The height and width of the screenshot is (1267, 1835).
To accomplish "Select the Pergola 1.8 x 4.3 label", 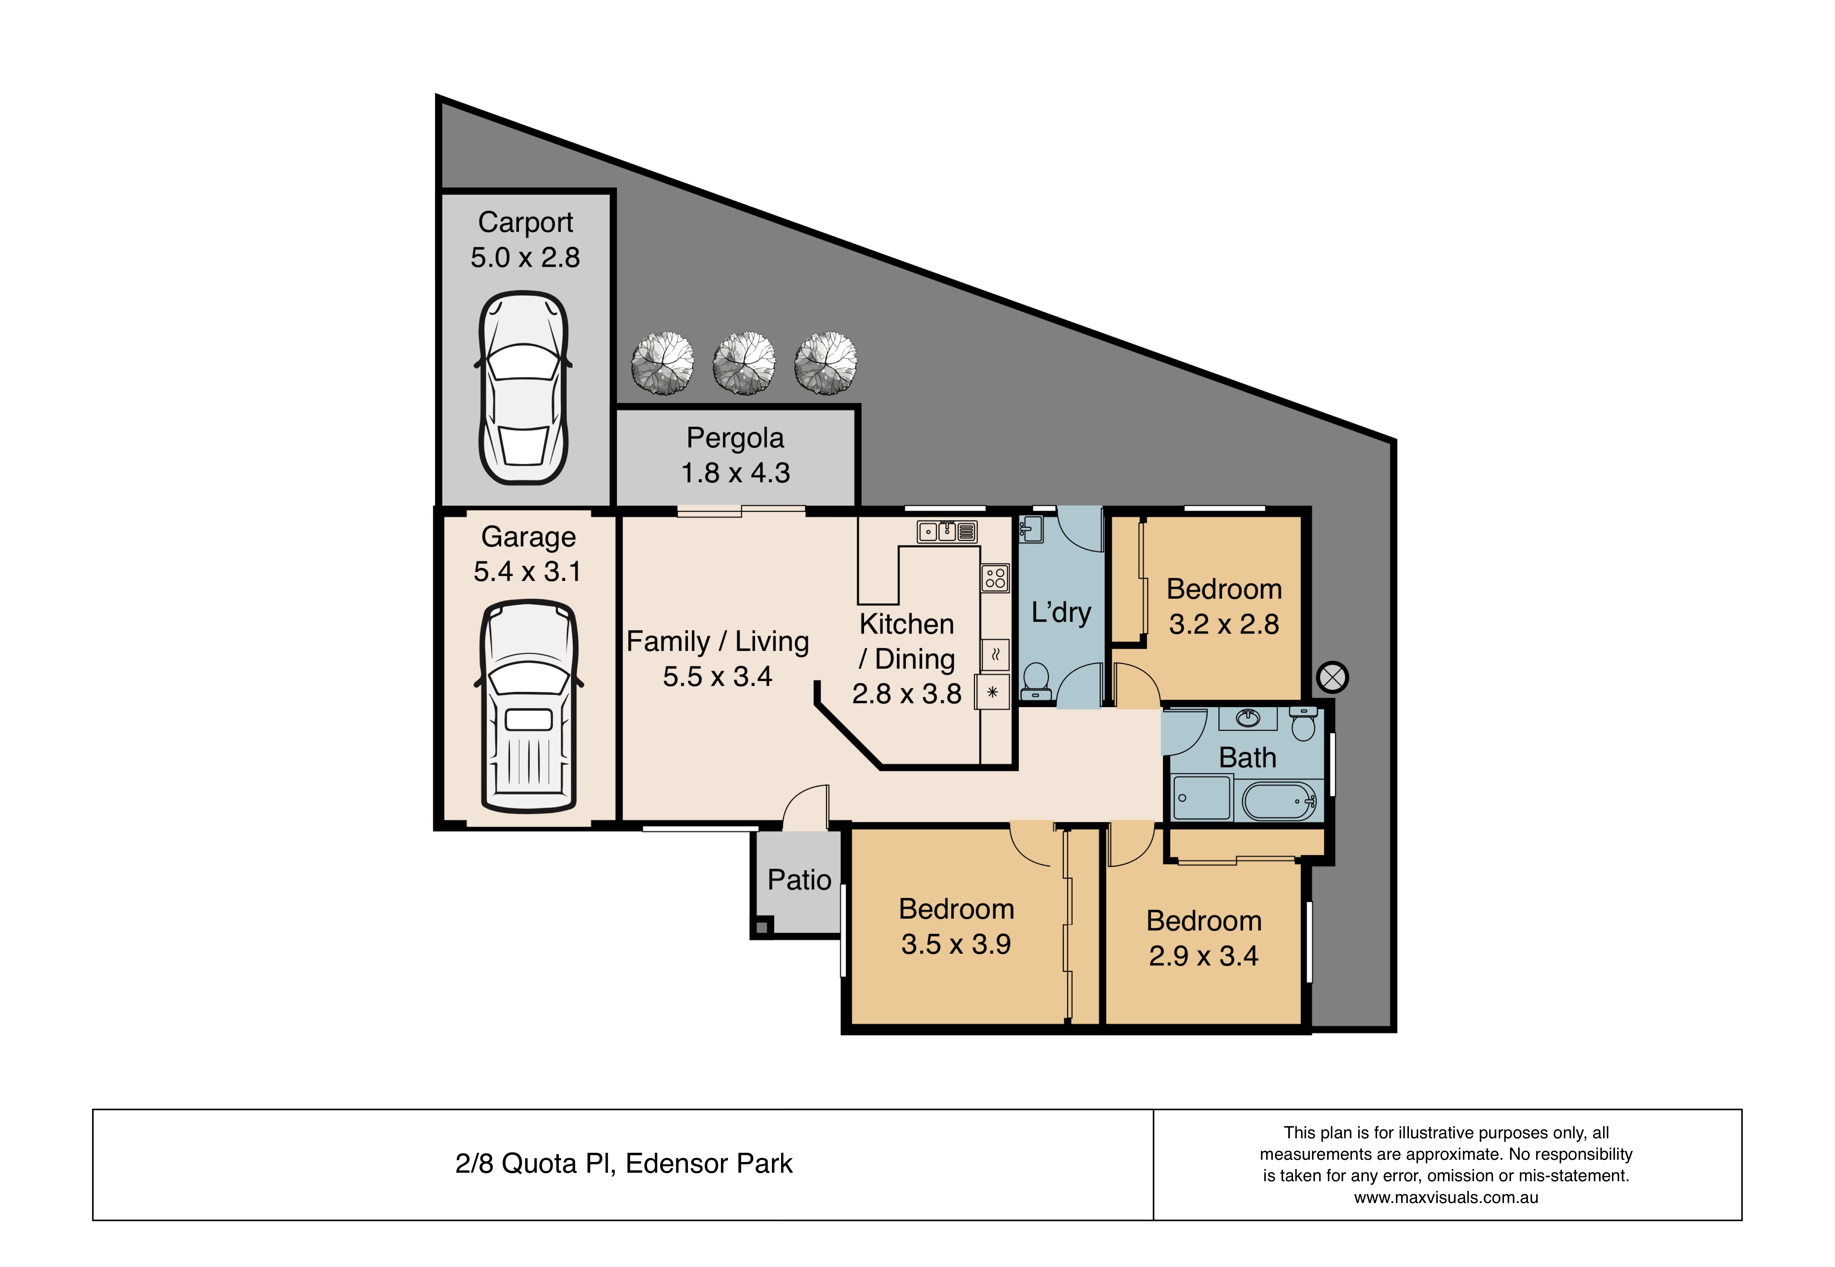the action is tap(735, 455).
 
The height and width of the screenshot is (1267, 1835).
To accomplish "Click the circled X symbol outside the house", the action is tap(1332, 677).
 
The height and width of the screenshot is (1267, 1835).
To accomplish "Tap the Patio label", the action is tap(799, 879).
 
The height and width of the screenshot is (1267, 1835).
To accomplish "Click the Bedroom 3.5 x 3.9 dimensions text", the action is tap(956, 944).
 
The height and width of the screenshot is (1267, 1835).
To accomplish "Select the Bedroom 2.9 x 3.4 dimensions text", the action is tap(1204, 956).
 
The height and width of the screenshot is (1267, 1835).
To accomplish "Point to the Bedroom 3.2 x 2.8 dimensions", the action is tap(1224, 624).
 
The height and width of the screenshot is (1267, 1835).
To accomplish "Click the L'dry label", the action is tap(1061, 612).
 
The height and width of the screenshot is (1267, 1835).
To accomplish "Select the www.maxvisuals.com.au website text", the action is tap(1446, 1197).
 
